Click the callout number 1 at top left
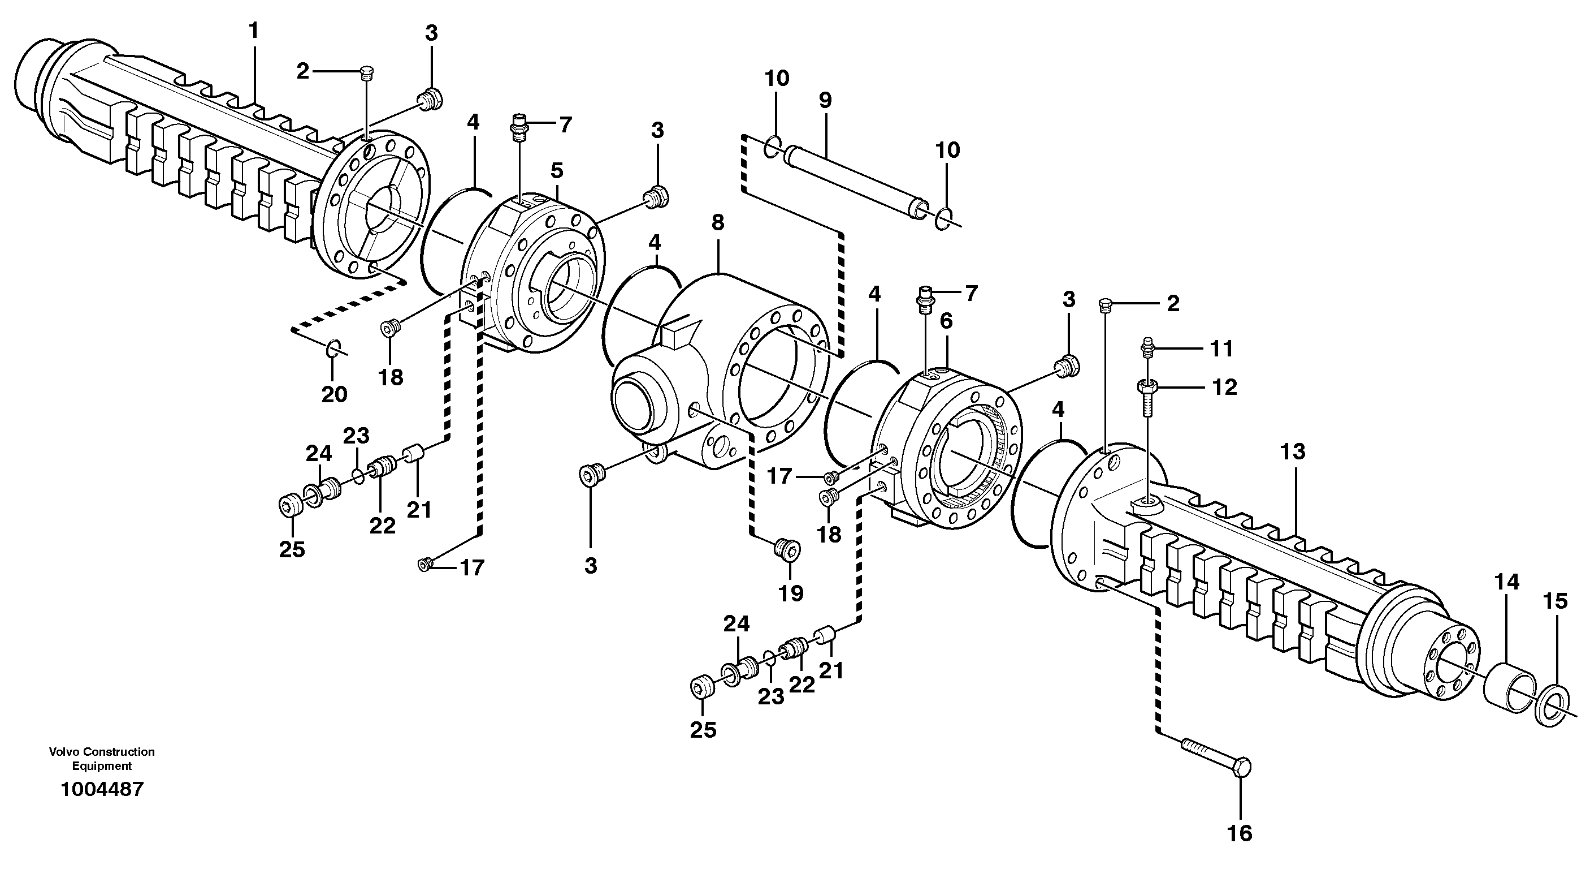click(254, 29)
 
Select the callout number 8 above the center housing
click(717, 222)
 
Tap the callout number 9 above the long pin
click(825, 100)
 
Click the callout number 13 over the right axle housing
click(1293, 452)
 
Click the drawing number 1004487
click(102, 789)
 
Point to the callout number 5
click(557, 170)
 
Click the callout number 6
click(946, 321)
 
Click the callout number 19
click(791, 593)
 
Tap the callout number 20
click(334, 394)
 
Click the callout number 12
click(1225, 388)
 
